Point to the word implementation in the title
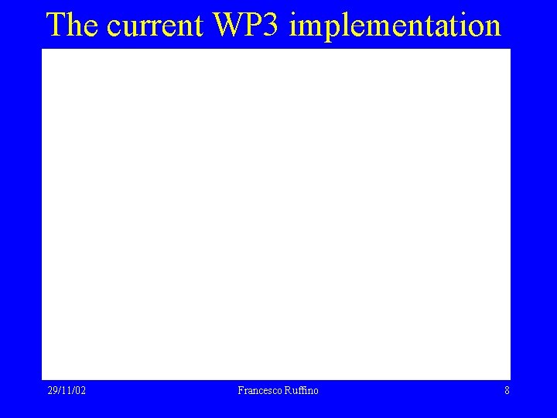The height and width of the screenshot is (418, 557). (x=395, y=26)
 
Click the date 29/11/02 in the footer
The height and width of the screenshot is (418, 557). (x=67, y=391)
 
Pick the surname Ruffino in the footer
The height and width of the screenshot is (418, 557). (x=300, y=391)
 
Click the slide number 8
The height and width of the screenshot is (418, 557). (x=507, y=391)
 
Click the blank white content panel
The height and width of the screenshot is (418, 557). (x=276, y=214)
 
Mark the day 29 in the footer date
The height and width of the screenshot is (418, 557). (x=52, y=391)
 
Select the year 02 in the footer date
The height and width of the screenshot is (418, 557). (x=80, y=391)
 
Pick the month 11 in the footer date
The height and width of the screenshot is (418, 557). (x=66, y=391)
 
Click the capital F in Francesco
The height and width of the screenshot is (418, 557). (x=241, y=391)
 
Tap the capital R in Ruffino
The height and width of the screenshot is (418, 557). (x=286, y=391)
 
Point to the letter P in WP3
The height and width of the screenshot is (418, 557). (x=255, y=25)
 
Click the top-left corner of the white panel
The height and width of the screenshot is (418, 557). (x=43, y=50)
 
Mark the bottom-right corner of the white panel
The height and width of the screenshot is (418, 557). (x=509, y=378)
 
